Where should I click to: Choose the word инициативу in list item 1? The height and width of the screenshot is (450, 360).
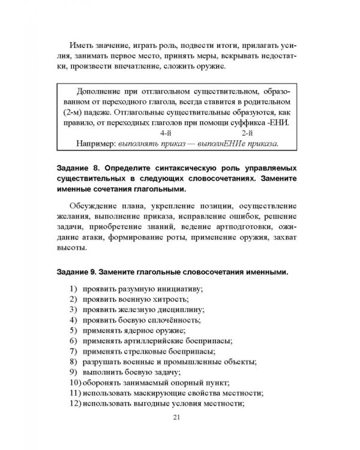(181, 289)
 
